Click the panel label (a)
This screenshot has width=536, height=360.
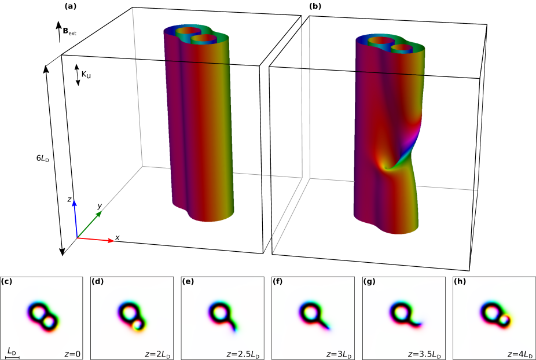point(70,6)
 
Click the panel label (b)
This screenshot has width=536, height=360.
point(315,6)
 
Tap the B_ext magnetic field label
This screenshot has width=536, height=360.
point(69,31)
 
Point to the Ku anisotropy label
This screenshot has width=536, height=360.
point(86,74)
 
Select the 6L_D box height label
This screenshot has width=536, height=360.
point(43,159)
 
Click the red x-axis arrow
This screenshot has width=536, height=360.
point(96,239)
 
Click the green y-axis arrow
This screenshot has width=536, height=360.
point(90,224)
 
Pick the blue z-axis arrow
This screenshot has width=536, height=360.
point(75,219)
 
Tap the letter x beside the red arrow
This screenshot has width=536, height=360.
point(118,237)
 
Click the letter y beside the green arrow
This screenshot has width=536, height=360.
point(100,206)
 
